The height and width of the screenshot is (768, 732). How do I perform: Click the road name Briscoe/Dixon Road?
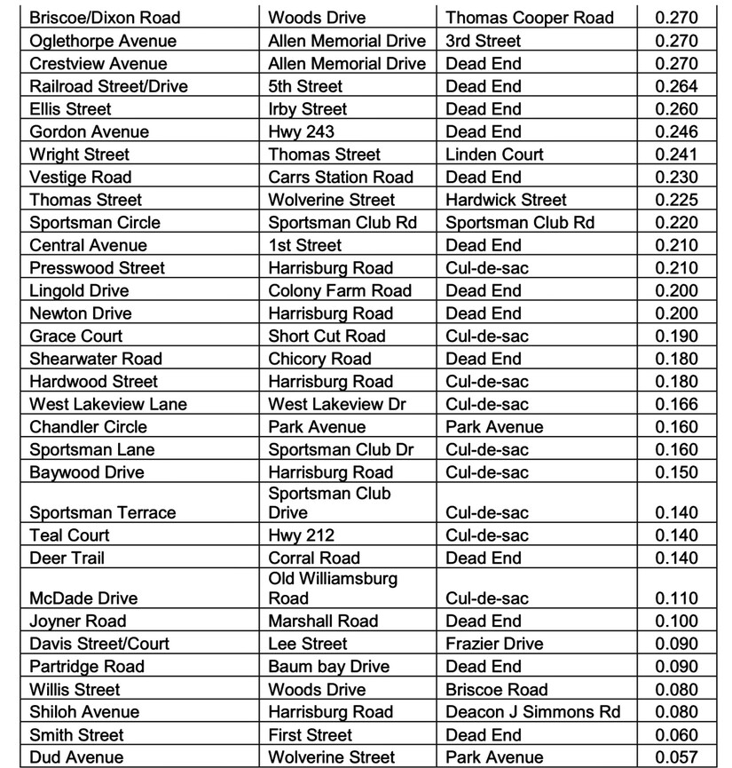[105, 18]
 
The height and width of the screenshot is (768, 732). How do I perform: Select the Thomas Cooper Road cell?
[529, 18]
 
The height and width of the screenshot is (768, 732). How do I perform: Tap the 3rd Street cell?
[484, 41]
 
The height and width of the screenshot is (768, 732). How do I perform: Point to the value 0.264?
[676, 86]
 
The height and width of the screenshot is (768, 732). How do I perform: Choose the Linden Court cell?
[494, 154]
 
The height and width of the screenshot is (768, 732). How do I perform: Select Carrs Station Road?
[341, 177]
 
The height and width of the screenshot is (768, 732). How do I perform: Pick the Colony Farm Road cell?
[340, 290]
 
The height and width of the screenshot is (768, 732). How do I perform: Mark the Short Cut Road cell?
[327, 336]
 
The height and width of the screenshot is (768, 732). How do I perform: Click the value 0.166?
[676, 404]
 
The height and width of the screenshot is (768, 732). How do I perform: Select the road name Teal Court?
[70, 535]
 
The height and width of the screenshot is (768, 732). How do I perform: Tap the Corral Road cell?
[314, 558]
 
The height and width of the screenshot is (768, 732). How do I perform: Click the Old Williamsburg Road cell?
[333, 589]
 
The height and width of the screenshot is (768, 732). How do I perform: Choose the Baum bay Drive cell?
[328, 666]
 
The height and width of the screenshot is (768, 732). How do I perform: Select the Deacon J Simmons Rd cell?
[533, 712]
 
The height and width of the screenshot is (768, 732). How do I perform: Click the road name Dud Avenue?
[76, 757]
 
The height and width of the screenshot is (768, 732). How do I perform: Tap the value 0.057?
[676, 757]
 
